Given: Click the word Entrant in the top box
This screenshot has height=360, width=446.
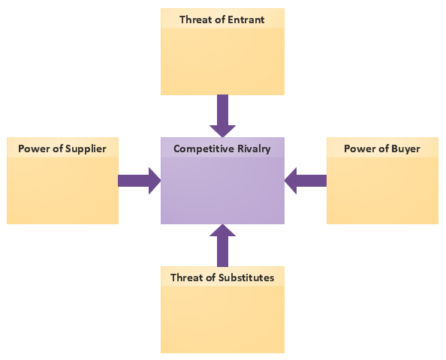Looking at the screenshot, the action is [246, 19].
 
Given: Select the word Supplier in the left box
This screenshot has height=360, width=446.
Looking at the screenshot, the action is [86, 149].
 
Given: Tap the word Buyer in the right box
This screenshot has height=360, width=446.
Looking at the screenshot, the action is [405, 149].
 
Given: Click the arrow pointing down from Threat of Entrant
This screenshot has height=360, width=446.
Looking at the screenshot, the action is [222, 116].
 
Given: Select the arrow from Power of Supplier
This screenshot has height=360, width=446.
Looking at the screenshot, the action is [140, 181].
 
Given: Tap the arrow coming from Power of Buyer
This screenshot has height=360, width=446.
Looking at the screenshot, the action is [306, 181].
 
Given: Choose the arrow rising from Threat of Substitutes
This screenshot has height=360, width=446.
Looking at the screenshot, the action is [222, 245].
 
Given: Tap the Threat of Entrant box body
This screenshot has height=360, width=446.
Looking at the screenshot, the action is [222, 60].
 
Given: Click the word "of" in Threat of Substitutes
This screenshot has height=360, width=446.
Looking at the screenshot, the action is [211, 277].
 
